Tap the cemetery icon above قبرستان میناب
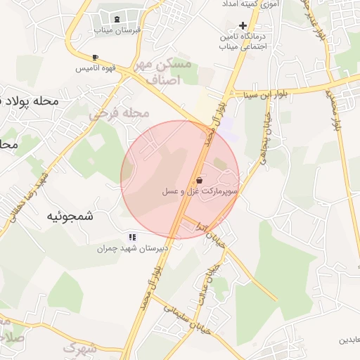tap(116, 19)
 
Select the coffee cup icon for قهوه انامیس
tap(95, 57)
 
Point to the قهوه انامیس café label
tap(96, 69)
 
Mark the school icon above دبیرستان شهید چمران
tap(131, 238)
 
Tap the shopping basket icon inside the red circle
tap(200, 180)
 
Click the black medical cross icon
tap(243, 25)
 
